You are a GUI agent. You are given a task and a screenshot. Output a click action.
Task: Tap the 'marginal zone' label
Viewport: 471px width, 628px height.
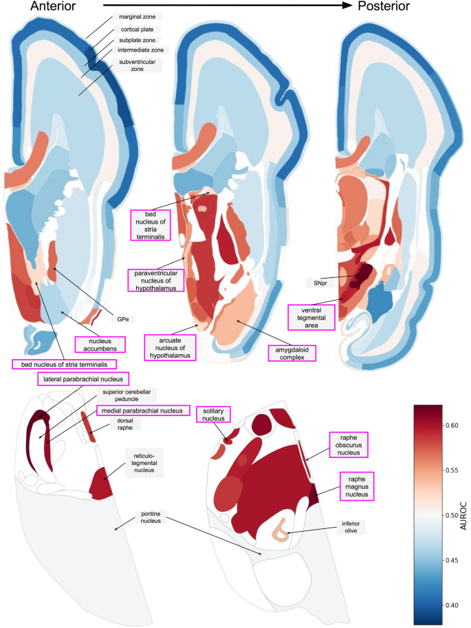coord(142,17)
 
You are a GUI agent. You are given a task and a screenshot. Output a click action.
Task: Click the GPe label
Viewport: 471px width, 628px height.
coord(121,318)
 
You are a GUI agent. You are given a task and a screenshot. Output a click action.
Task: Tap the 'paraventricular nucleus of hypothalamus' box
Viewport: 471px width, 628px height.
coord(155,281)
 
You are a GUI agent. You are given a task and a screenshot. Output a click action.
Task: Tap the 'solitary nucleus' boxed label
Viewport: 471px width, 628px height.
coord(212,415)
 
